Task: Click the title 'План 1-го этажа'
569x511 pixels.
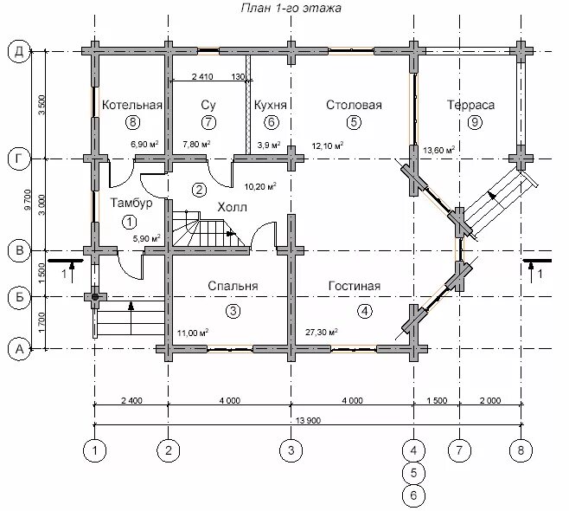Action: (291, 8)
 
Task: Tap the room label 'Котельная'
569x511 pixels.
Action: (132, 105)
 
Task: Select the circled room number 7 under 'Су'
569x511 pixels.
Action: (208, 122)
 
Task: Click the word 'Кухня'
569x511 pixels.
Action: (271, 105)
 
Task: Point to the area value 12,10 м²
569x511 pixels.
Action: (328, 146)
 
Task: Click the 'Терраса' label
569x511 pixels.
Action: (470, 105)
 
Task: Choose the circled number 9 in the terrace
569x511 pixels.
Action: (475, 122)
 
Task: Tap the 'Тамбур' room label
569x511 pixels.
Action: (131, 204)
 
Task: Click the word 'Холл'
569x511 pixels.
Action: (233, 208)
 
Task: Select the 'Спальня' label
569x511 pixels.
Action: (233, 286)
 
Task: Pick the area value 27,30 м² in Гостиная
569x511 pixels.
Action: (322, 332)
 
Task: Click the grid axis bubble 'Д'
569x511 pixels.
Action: (19, 52)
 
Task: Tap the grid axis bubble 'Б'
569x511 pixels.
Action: (19, 297)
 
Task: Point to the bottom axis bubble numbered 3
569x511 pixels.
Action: (291, 450)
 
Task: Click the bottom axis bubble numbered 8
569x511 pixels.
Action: (521, 450)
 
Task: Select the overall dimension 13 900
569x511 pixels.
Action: (308, 421)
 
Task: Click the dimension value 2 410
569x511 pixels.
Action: (202, 77)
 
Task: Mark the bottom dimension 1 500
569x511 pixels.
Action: (437, 400)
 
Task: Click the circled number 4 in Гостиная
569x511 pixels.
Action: (365, 311)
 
